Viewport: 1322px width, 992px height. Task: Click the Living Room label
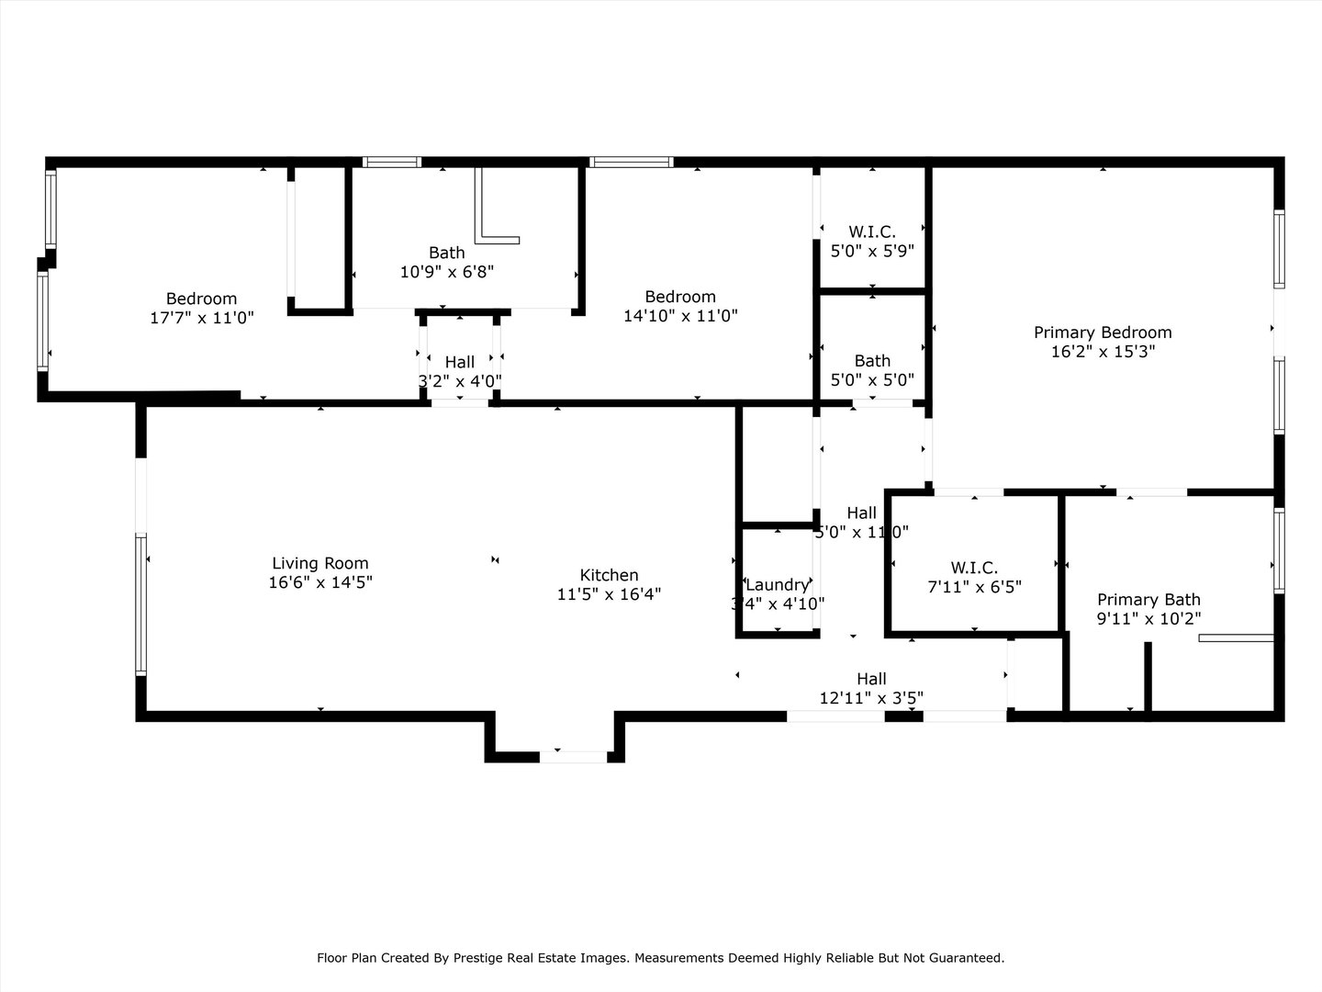click(319, 563)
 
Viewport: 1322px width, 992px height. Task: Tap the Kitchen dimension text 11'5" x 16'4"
click(609, 594)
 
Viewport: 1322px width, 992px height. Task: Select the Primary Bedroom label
click(1102, 333)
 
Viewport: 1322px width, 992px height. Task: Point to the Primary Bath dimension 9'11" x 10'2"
click(1148, 619)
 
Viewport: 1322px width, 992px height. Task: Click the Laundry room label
click(777, 585)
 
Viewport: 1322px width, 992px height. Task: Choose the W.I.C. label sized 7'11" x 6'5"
click(974, 568)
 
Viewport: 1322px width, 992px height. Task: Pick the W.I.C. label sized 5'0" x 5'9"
click(871, 231)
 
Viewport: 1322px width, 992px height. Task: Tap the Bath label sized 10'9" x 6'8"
click(446, 253)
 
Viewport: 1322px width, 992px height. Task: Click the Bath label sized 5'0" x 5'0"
click(872, 361)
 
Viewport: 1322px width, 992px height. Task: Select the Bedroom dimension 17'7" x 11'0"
click(201, 318)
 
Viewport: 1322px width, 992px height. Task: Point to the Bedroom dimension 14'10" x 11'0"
click(680, 316)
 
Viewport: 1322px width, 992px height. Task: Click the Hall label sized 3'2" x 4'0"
click(459, 362)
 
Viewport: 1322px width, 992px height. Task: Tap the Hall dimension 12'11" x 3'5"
click(871, 698)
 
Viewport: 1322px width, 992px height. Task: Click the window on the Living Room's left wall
click(141, 603)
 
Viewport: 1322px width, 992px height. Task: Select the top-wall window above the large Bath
click(391, 163)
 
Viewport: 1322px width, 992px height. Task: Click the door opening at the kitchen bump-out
click(573, 757)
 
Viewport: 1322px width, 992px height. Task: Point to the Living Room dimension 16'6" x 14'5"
click(319, 582)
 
